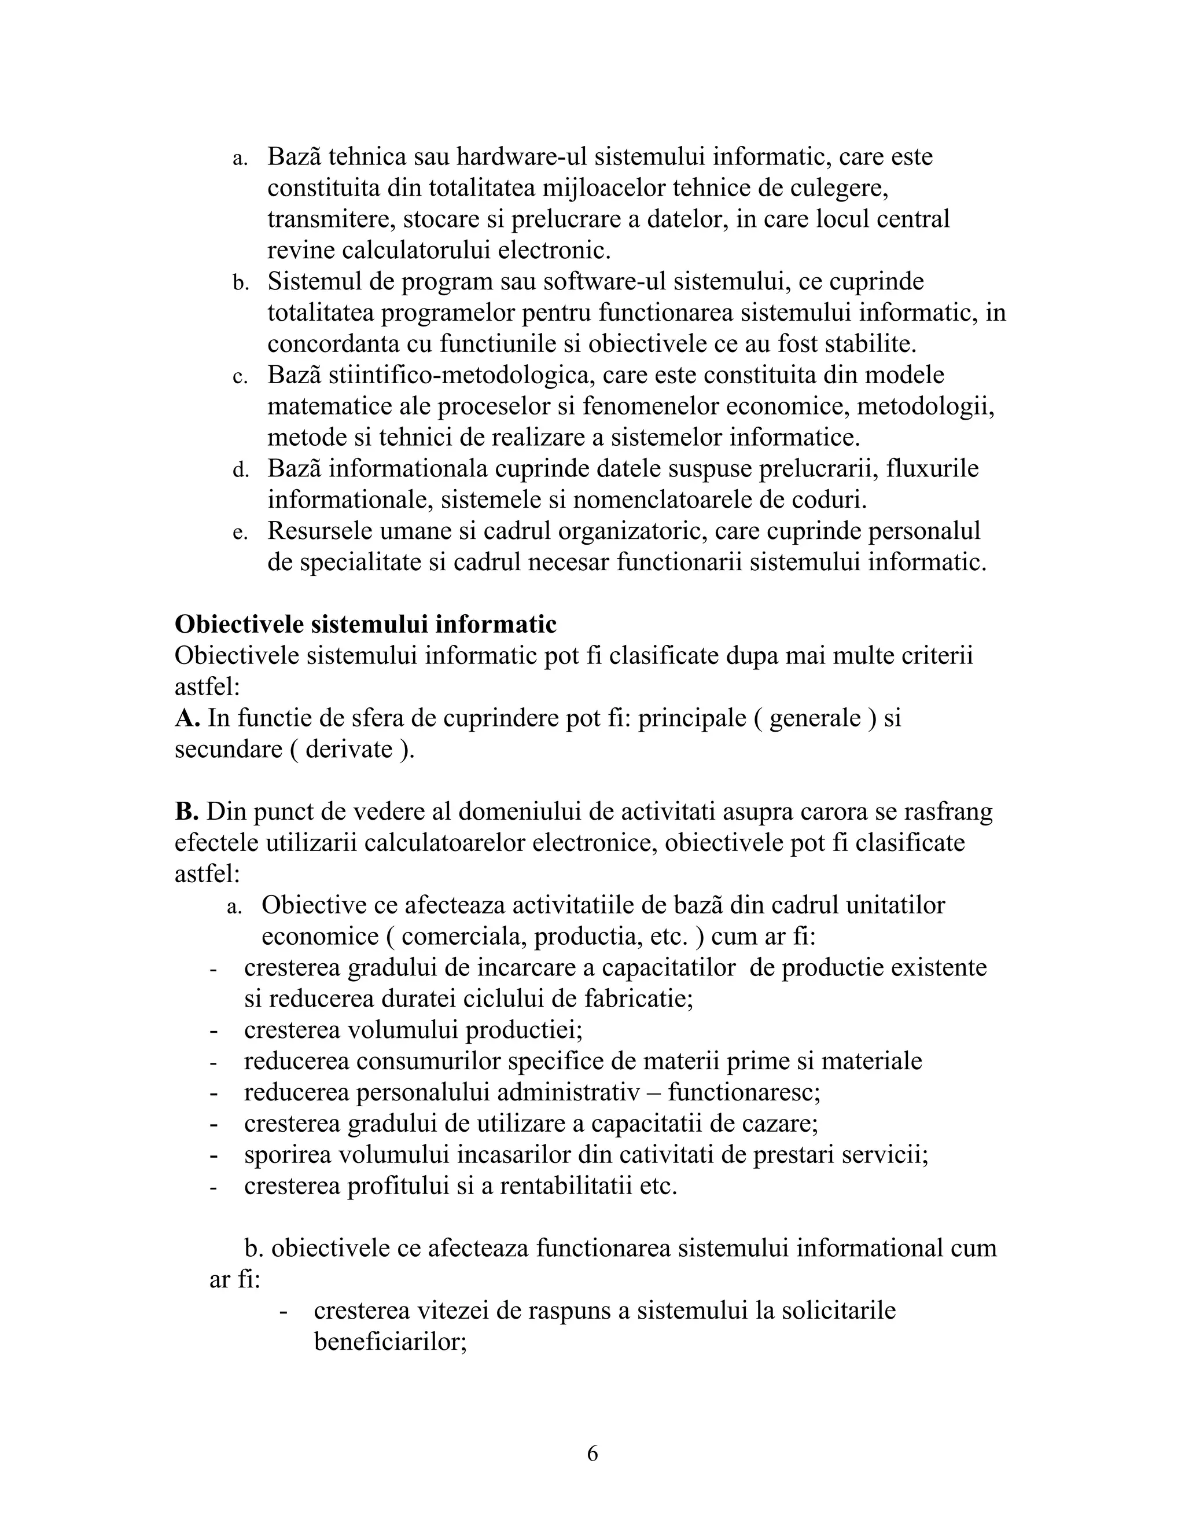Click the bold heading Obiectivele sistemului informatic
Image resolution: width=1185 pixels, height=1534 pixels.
click(365, 623)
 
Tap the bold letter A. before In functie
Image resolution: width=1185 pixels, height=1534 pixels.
click(187, 718)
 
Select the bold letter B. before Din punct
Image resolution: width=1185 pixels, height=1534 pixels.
click(187, 811)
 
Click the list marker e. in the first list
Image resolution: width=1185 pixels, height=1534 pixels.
click(240, 533)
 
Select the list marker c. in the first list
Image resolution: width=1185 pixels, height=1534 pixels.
click(240, 377)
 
